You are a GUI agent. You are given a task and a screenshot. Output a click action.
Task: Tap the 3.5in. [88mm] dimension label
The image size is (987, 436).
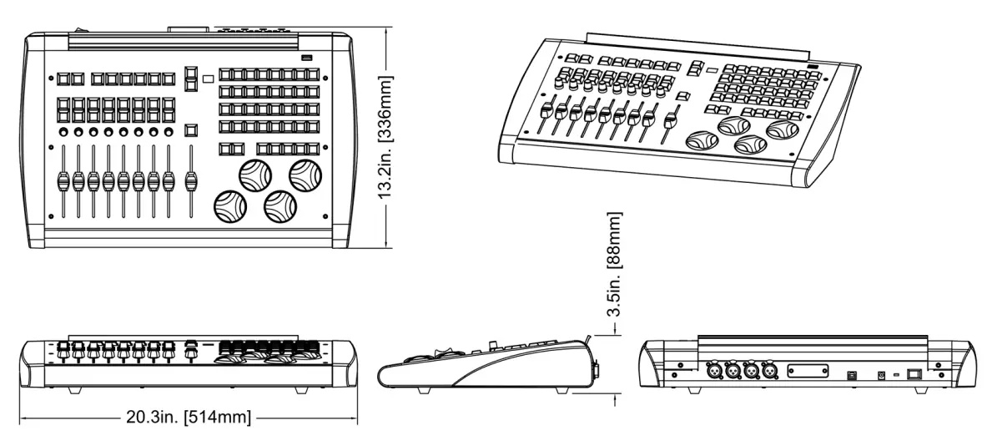616,264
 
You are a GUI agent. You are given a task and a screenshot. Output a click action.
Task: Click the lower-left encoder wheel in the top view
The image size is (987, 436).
229,205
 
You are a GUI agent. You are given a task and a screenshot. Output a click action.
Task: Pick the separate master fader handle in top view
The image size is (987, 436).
191,181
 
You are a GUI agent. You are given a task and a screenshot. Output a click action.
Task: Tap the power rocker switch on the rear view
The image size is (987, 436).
915,375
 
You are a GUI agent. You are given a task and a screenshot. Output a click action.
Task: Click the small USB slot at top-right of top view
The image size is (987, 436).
306,58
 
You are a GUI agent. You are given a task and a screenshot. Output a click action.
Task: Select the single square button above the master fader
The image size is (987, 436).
191,129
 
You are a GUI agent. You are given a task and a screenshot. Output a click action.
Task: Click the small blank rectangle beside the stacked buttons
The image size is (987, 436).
207,79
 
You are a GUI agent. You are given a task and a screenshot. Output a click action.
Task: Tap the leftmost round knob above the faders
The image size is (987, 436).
63,133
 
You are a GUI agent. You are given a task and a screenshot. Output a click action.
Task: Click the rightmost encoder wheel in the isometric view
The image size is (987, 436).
783,129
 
